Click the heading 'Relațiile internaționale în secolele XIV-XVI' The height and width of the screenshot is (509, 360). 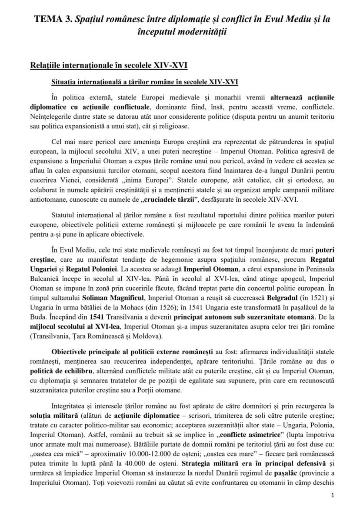click(x=109, y=66)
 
